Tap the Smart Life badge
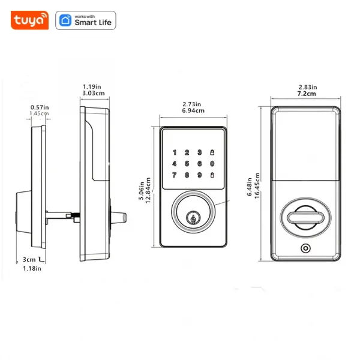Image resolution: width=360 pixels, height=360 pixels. click(86, 20)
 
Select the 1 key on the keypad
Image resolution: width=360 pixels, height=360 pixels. click(175, 152)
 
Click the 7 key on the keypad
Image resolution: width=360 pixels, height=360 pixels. click(175, 175)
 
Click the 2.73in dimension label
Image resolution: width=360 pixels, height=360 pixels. click(193, 104)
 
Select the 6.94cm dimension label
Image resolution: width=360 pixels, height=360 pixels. click(193, 111)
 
